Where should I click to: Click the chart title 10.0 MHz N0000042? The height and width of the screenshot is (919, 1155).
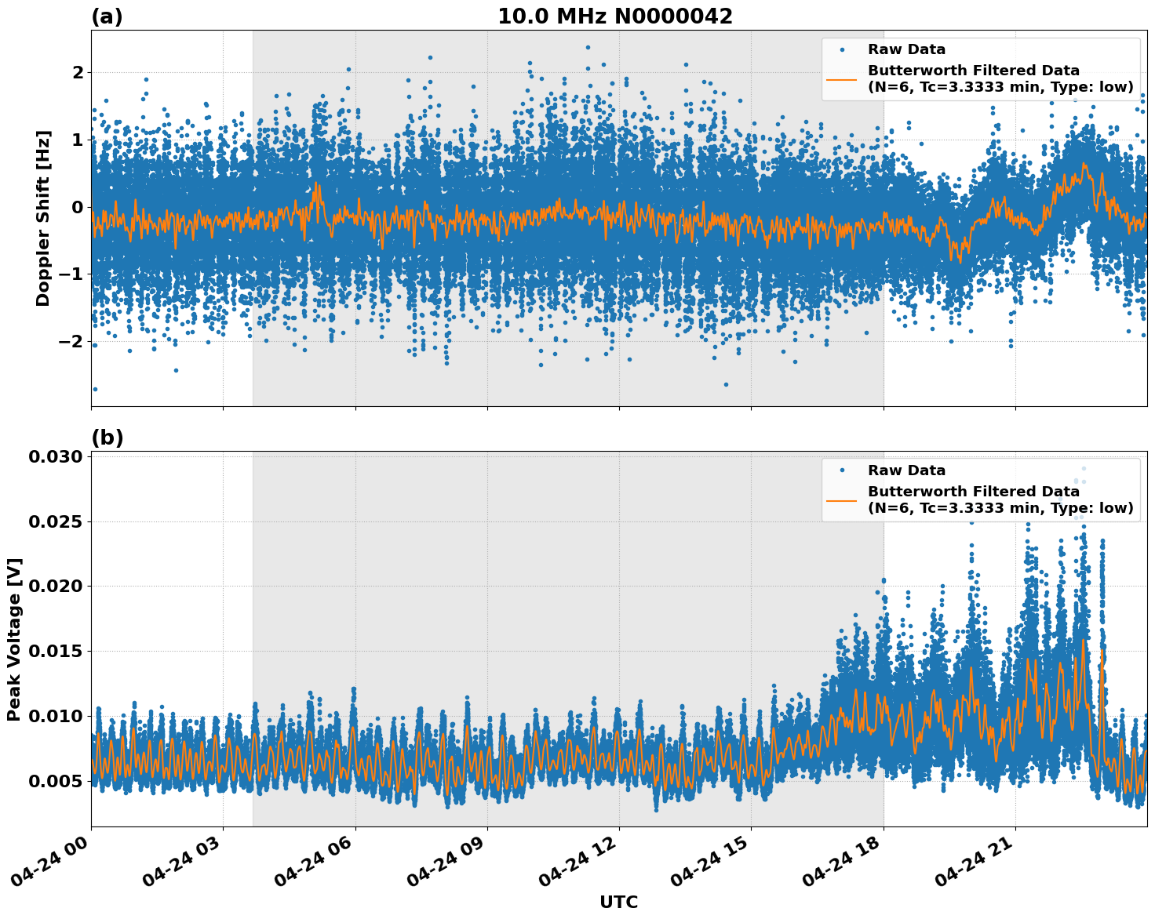pyautogui.click(x=614, y=16)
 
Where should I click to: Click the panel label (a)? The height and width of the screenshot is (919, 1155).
pyautogui.click(x=107, y=16)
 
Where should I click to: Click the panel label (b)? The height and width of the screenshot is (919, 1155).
pyautogui.click(x=107, y=438)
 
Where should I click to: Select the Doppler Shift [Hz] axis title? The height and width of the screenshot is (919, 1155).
pyautogui.click(x=43, y=218)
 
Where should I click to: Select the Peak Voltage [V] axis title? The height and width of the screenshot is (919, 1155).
pyautogui.click(x=14, y=639)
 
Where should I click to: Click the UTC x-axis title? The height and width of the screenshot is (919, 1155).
pyautogui.click(x=618, y=902)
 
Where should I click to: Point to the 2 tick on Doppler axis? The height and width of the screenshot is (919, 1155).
pyautogui.click(x=78, y=73)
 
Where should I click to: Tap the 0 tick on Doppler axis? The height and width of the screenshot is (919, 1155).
pyautogui.click(x=78, y=207)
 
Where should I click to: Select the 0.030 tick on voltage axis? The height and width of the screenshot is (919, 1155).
pyautogui.click(x=56, y=457)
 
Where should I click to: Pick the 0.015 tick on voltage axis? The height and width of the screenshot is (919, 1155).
pyautogui.click(x=56, y=652)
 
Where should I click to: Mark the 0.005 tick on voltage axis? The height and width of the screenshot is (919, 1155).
pyautogui.click(x=56, y=781)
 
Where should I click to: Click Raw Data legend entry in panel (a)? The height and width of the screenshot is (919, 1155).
pyautogui.click(x=906, y=50)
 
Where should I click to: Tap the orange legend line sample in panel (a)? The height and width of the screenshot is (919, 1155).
pyautogui.click(x=841, y=78)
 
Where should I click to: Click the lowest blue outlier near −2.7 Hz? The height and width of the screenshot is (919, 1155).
pyautogui.click(x=95, y=389)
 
